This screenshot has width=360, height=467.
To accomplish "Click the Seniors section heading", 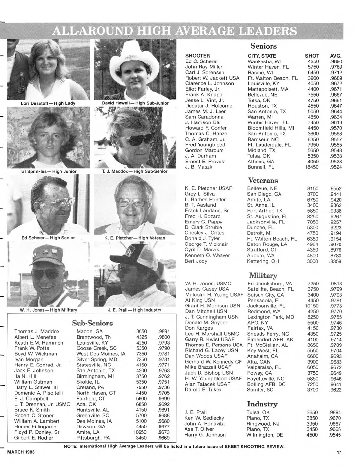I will coord(263,46).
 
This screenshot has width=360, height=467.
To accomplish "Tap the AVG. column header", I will coord(336,56).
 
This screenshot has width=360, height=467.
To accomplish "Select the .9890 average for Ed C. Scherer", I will coord(336,61).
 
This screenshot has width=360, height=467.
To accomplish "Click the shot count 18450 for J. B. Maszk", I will coord(312,167).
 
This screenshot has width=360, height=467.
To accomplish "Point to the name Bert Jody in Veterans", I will coord(196,261).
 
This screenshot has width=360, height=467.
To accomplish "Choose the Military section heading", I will coord(263,275).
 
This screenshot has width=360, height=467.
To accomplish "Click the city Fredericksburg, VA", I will coord(270,283).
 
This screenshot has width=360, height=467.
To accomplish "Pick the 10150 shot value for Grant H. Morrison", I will coord(312,306).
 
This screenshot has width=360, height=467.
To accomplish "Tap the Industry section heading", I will coord(262,404).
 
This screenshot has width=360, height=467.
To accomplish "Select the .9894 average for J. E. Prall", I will coord(335,412).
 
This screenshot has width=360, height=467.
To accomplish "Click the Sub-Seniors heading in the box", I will coord(92,323).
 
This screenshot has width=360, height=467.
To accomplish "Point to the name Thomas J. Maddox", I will coord(37,331).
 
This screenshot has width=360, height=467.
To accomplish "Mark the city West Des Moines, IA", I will coord(101,354).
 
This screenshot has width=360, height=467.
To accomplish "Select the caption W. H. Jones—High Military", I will coord(48,310).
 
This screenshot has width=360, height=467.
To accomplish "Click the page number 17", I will coord(339,453).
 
